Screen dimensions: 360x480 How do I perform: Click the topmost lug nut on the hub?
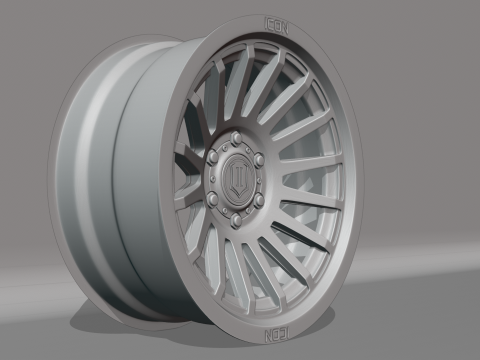pyautogui.click(x=236, y=138)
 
